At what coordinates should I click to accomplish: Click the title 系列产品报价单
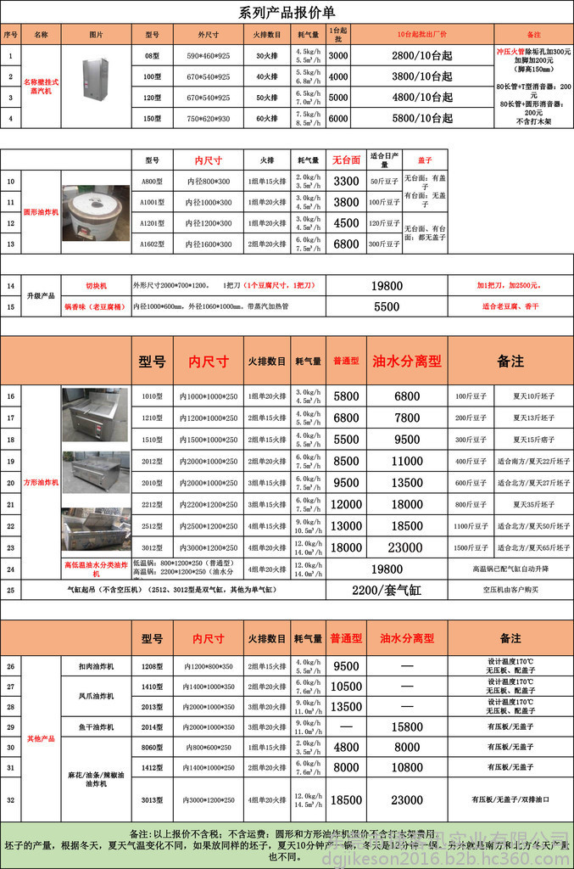tap(287, 12)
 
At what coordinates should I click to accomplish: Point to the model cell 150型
tap(152, 119)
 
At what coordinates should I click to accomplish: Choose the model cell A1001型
tap(152, 202)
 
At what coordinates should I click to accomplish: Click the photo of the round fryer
tap(95, 213)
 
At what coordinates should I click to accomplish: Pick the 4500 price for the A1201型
tap(346, 223)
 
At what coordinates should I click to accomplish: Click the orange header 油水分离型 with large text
tap(407, 361)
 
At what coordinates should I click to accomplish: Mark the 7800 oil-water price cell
tap(407, 418)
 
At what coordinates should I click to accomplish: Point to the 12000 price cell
tap(346, 504)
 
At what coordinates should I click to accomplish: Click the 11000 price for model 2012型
tap(407, 461)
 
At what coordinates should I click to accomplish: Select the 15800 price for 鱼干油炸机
tap(407, 727)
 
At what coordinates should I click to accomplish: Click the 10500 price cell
tap(346, 687)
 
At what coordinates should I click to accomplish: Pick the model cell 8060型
tap(152, 748)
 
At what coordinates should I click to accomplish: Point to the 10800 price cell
tap(407, 767)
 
